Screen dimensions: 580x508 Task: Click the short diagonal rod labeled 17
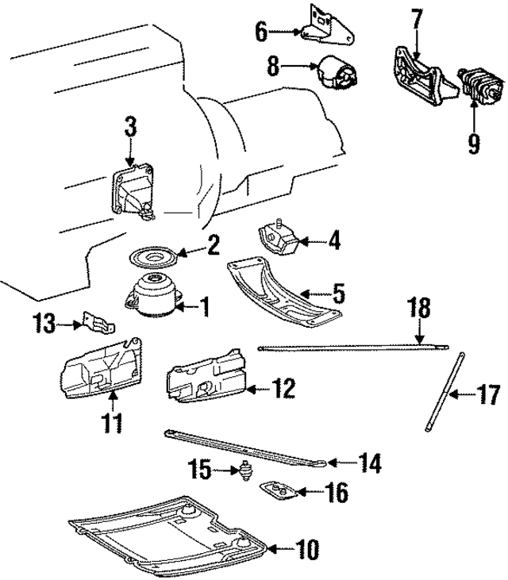[x=444, y=394]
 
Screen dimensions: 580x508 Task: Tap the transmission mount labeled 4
[x=275, y=238]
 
